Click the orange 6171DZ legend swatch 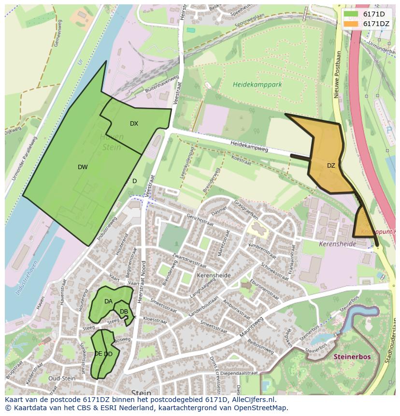point(351,24)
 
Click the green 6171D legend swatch point(351,14)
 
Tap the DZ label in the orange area point(331,166)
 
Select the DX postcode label point(134,124)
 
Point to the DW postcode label point(83,167)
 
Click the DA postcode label point(108,301)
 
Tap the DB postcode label point(124,312)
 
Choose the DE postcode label point(98,354)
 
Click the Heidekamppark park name point(257,85)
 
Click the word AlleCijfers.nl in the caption point(253,400)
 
